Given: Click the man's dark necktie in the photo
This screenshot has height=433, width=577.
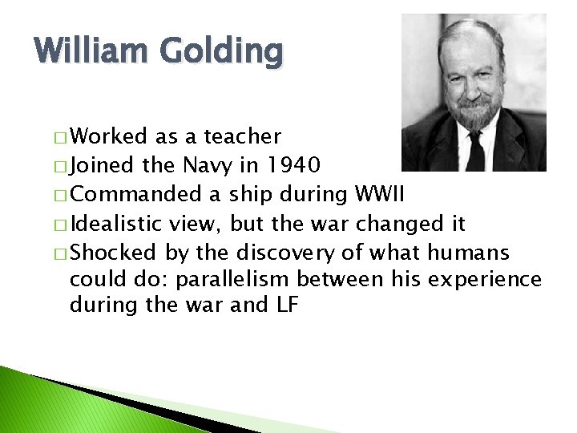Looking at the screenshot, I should (x=476, y=152).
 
